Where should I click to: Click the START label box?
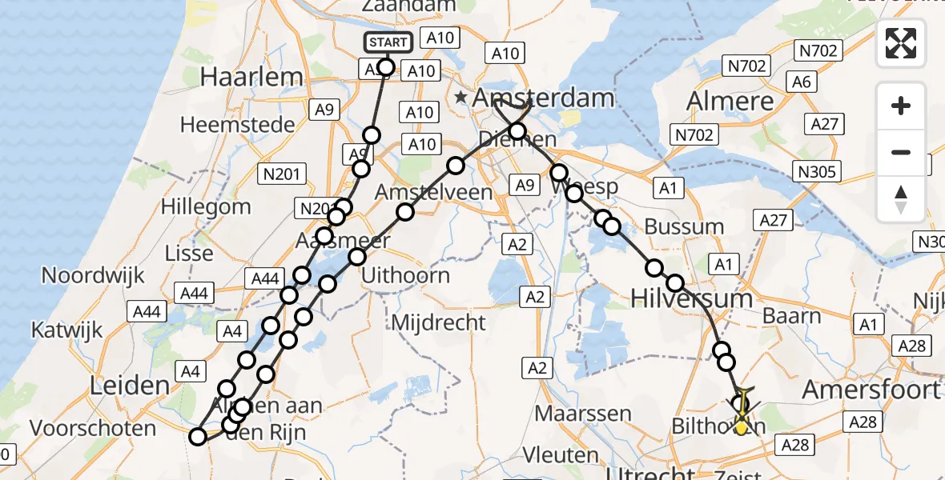pos(388,42)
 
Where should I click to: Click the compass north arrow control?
pos(901,199)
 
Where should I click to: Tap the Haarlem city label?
pos(241,78)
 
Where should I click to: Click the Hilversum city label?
pos(692,298)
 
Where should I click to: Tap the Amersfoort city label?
pos(871,390)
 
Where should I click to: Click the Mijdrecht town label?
pos(438,322)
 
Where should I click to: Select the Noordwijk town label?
pos(93,276)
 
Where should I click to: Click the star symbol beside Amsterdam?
pos(460,98)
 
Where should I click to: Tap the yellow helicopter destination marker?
pos(742,424)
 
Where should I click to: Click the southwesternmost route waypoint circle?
pos(198,436)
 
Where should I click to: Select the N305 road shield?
pos(816,170)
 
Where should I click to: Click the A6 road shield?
pos(801,81)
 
